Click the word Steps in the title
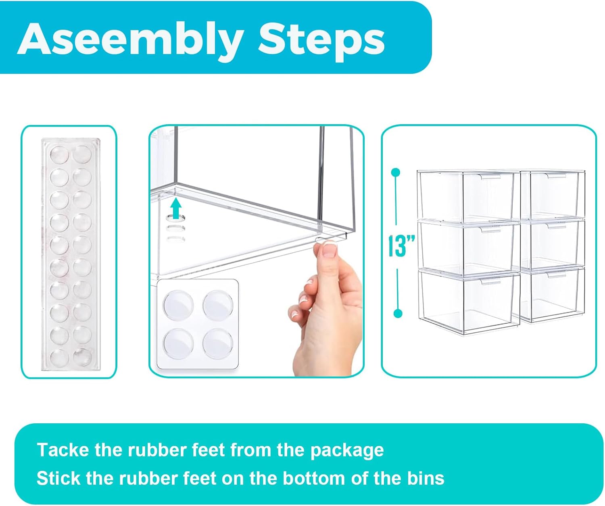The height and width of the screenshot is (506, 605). [x=321, y=40]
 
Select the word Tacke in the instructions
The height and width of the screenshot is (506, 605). [x=63, y=450]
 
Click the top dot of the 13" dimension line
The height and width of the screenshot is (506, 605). [x=396, y=173]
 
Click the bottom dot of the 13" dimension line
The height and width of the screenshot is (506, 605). [x=398, y=313]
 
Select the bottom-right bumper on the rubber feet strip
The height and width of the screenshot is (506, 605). [x=82, y=356]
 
